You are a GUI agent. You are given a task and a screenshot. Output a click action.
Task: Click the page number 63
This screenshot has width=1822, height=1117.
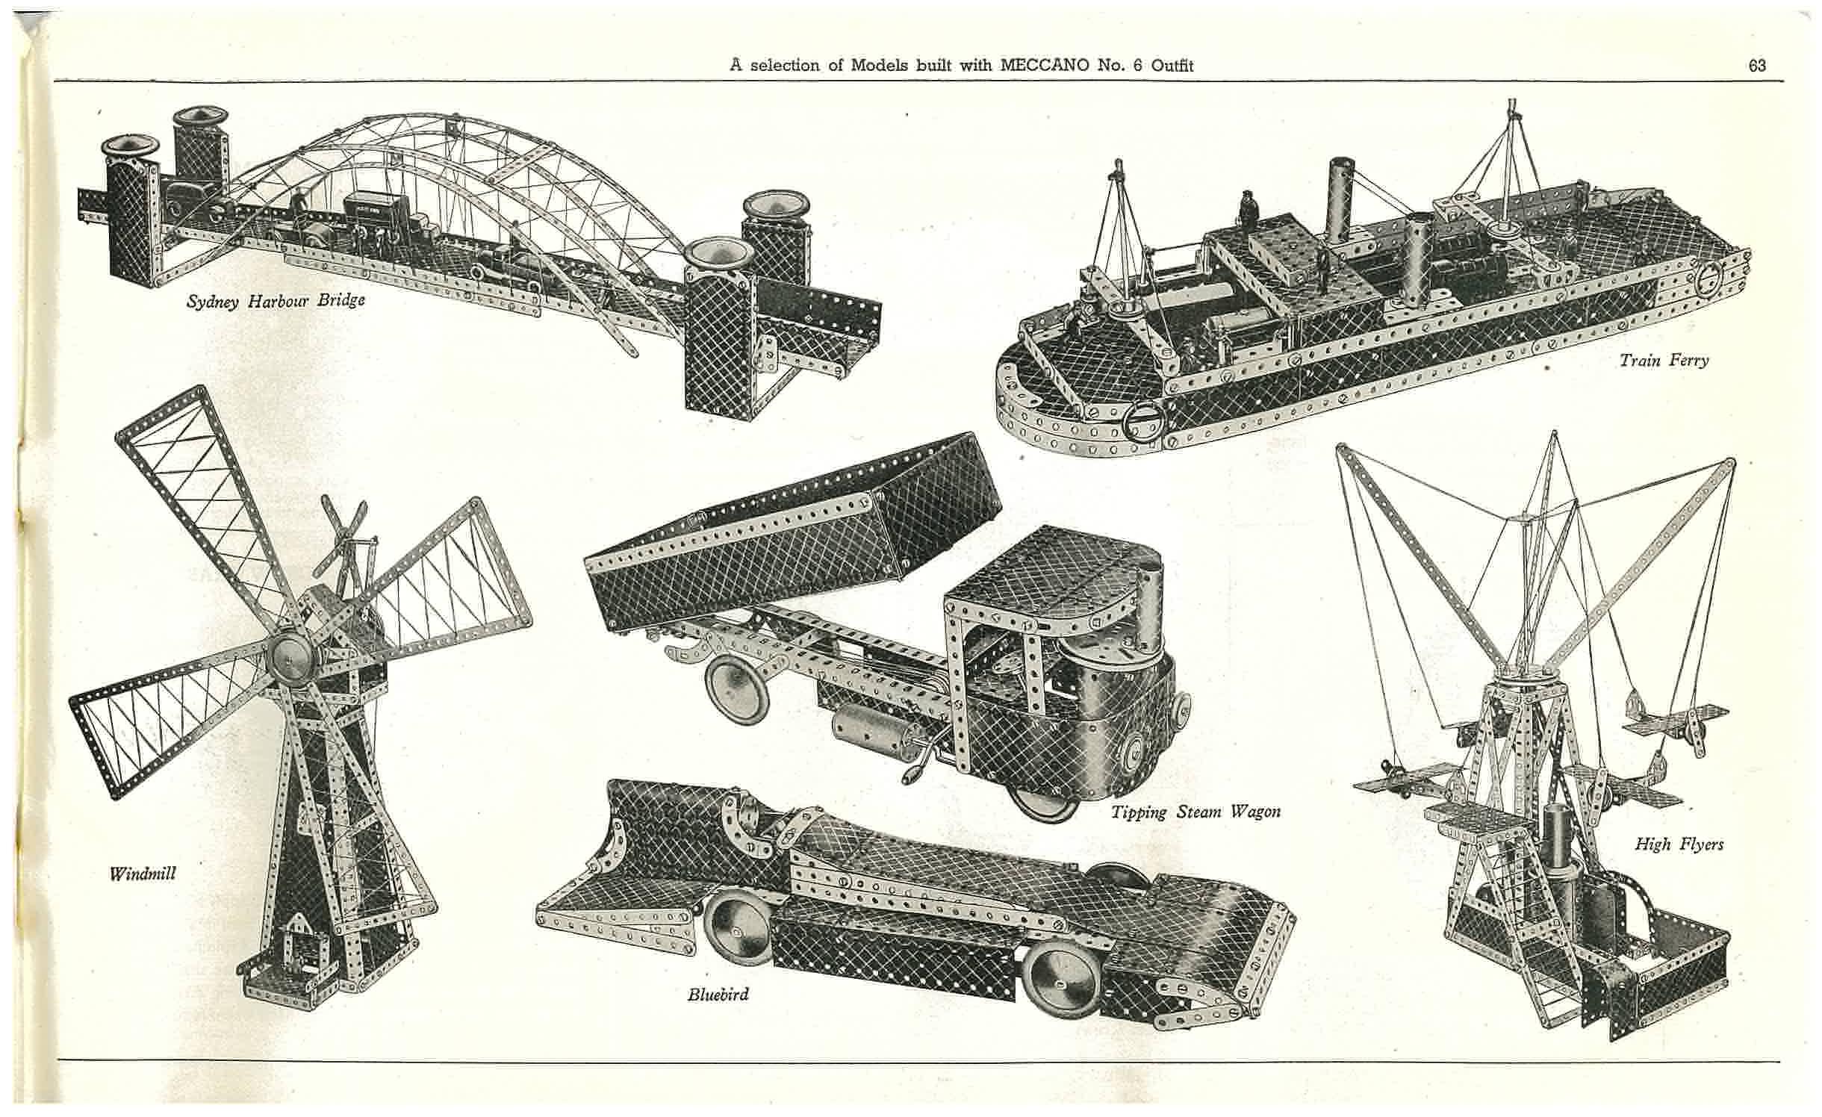click(x=1757, y=66)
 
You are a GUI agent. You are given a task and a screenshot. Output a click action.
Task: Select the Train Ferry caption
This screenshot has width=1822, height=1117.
click(x=1664, y=361)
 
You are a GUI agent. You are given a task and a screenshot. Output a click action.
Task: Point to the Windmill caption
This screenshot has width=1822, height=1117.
click(x=143, y=873)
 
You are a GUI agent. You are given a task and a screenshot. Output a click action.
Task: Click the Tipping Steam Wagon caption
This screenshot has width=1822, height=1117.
click(x=1196, y=812)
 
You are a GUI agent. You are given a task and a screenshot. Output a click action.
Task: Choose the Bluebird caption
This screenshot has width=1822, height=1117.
click(x=718, y=994)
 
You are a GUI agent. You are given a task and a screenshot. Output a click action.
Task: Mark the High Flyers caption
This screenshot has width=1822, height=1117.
click(x=1679, y=844)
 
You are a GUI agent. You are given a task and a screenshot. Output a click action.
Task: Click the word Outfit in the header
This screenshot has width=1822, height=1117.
click(x=1172, y=66)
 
